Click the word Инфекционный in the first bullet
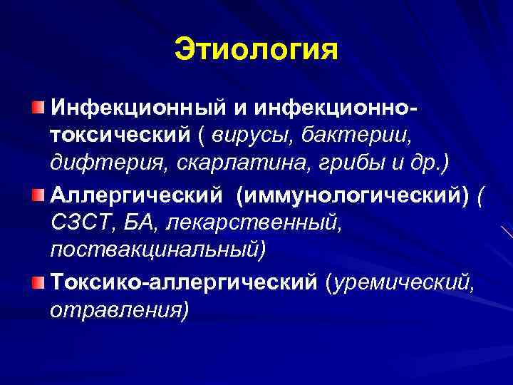[x=136, y=108]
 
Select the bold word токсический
[x=119, y=135]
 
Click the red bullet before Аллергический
[x=37, y=195]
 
